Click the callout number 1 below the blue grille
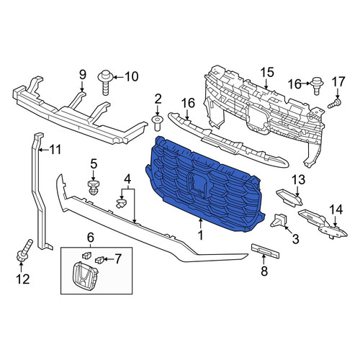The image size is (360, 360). click(200, 235)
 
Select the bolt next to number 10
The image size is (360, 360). click(106, 83)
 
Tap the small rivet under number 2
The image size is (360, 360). click(157, 123)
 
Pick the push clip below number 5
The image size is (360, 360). click(93, 188)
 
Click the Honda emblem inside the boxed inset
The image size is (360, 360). click(85, 275)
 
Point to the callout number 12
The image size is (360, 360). click(23, 279)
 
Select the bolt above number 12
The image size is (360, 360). click(24, 251)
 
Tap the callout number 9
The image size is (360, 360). click(82, 75)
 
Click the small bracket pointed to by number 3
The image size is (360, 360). click(279, 220)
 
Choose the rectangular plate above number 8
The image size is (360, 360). click(265, 251)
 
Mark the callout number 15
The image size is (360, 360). click(267, 72)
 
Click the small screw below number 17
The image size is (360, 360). click(335, 104)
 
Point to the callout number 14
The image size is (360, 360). click(336, 210)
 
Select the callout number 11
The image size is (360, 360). click(55, 150)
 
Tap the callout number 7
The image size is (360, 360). click(117, 259)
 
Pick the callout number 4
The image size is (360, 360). click(127, 179)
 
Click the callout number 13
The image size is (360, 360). click(298, 180)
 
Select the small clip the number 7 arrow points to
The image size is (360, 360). click(99, 259)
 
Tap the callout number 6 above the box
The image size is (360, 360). click(90, 238)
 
